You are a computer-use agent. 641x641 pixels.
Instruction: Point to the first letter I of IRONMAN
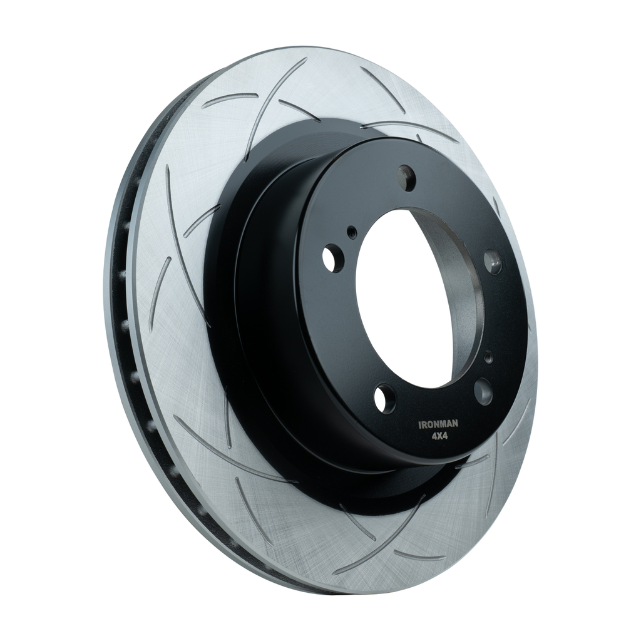421,426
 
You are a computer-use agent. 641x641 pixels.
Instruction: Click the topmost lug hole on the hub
407,177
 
